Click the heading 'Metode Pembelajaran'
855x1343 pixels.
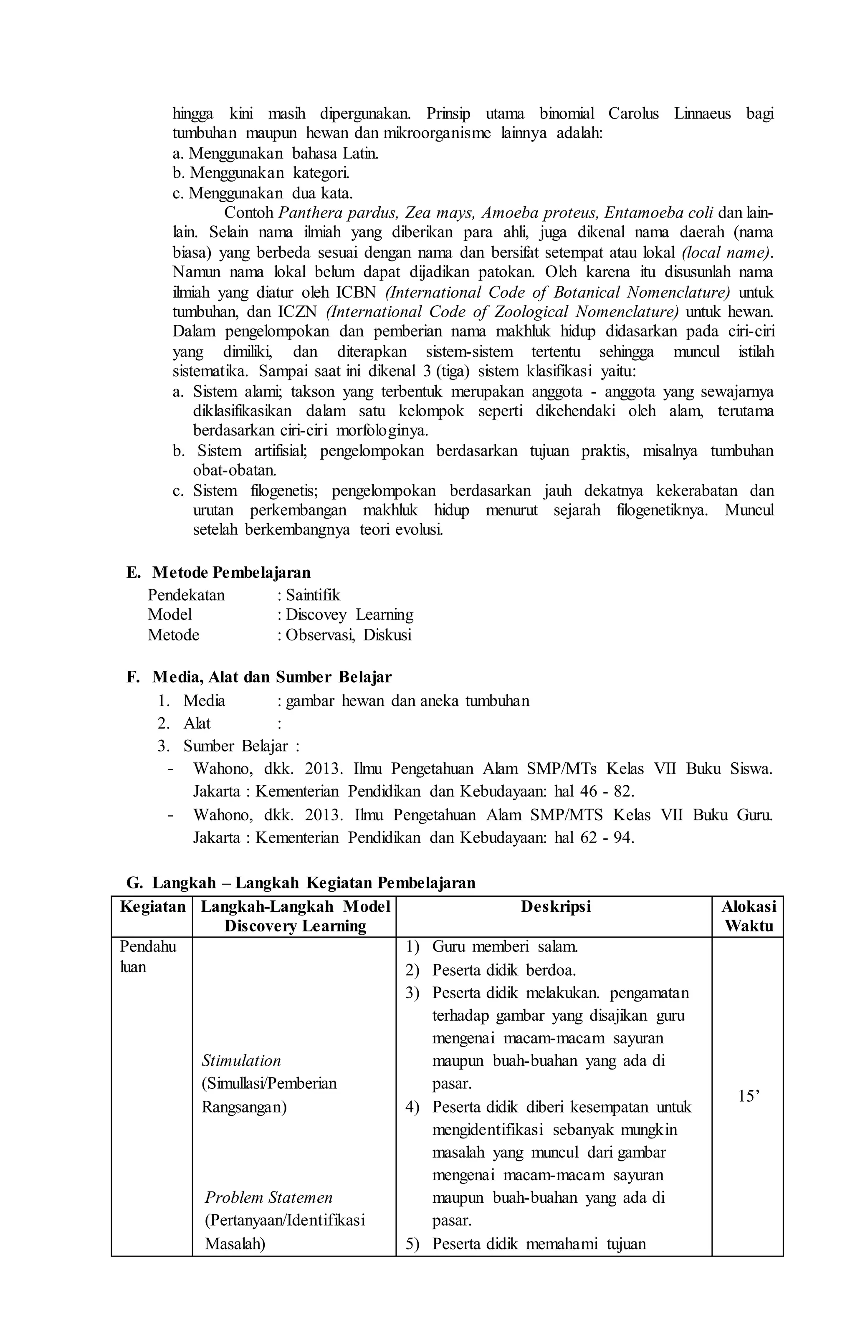coord(231,572)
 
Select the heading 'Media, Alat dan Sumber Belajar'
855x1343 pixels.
coord(272,677)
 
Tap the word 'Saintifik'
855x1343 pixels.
coord(312,595)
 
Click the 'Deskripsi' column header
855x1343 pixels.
coord(556,907)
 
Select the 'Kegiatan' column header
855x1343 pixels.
coord(152,907)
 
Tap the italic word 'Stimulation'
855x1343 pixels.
coord(241,1060)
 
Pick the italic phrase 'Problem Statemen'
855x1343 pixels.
coord(268,1197)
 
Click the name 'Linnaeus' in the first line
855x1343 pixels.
coord(702,114)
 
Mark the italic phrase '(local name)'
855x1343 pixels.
coord(727,253)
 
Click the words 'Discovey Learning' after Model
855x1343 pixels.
coord(349,615)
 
